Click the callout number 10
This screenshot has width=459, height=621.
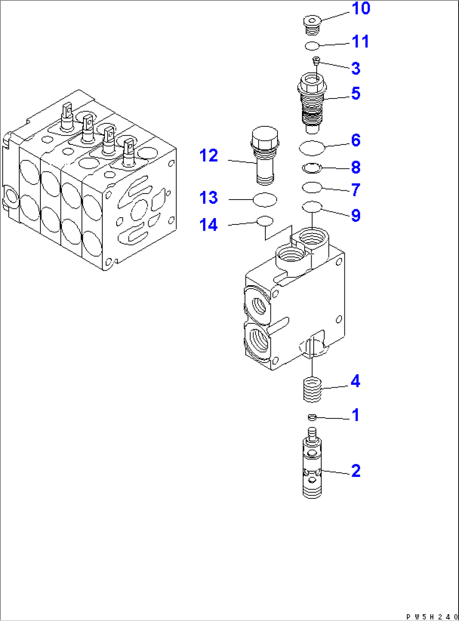360,9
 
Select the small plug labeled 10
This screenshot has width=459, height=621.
312,24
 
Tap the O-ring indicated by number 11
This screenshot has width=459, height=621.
312,45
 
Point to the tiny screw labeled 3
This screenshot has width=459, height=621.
316,61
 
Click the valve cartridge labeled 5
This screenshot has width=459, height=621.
312,101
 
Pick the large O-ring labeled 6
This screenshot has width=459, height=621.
312,148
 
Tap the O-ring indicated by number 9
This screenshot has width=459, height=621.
312,207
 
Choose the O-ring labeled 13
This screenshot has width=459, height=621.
265,200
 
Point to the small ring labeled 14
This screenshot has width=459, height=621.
265,220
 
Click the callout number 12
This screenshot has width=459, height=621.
209,156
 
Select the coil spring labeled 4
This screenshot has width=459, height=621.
312,390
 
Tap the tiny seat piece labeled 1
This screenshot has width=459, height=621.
312,417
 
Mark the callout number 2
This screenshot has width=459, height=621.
355,471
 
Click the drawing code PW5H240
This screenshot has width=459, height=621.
431,616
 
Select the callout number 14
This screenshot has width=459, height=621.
209,225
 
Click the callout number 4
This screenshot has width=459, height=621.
355,381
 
